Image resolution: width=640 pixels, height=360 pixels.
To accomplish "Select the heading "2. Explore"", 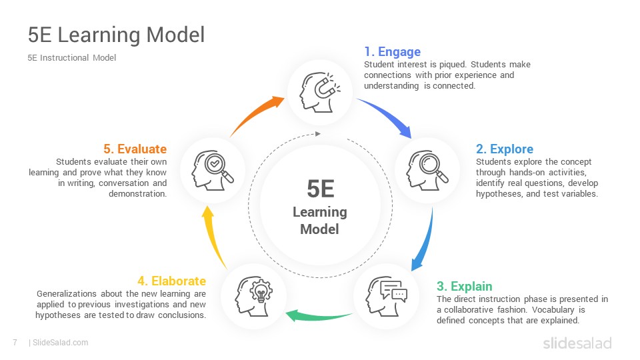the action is pyautogui.click(x=505, y=149).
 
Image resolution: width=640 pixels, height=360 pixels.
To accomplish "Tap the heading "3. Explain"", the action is pyautogui.click(x=465, y=286).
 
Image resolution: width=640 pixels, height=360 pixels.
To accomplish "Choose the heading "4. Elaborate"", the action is pyautogui.click(x=172, y=281).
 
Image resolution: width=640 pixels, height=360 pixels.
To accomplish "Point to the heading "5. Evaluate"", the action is pyautogui.click(x=135, y=149).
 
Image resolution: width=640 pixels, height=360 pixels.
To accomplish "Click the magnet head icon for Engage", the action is pyautogui.click(x=319, y=92).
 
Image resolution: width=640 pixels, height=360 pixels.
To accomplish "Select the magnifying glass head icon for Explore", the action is pyautogui.click(x=427, y=170).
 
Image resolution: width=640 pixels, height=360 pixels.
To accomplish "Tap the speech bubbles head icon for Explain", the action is pyautogui.click(x=386, y=296).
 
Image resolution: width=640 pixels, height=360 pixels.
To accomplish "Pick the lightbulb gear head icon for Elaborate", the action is pyautogui.click(x=253, y=296).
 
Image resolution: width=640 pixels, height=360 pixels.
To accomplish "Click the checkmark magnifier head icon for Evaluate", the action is pyautogui.click(x=213, y=170).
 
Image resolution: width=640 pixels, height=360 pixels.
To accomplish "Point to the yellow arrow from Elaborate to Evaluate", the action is pyautogui.click(x=211, y=237).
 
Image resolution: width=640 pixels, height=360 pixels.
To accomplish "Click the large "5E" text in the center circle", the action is pyautogui.click(x=321, y=189).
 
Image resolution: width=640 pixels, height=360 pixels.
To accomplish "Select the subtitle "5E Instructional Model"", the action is pyautogui.click(x=72, y=58).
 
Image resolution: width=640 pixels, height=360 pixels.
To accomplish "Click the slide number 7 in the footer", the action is pyautogui.click(x=15, y=343).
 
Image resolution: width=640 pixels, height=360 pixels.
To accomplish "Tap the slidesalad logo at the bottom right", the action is pyautogui.click(x=577, y=343).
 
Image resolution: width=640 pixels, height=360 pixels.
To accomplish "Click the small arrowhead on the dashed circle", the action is pyautogui.click(x=318, y=134).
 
